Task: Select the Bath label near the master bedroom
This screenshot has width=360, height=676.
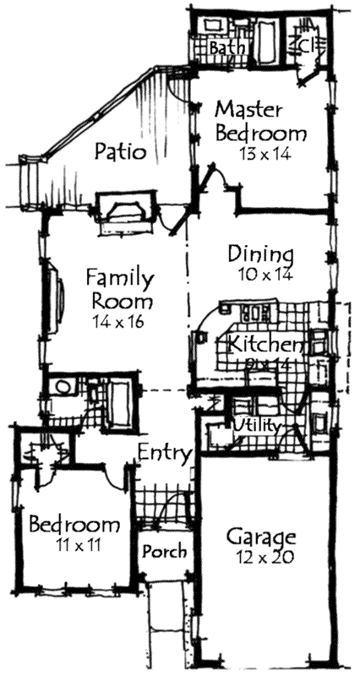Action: (226, 47)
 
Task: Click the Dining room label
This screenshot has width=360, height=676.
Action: (261, 254)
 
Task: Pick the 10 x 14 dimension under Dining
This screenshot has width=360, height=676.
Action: (261, 274)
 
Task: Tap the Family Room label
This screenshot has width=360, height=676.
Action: (119, 289)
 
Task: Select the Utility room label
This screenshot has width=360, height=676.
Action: (257, 425)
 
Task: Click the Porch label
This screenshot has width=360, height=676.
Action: (164, 552)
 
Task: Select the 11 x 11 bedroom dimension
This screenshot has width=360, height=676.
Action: (75, 545)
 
